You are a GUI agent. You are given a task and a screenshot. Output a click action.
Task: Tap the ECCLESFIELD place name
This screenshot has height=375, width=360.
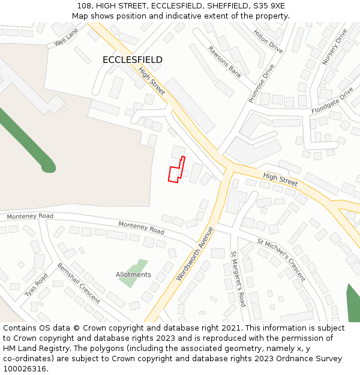132,60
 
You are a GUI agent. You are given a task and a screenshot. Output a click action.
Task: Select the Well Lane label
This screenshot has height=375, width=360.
66,37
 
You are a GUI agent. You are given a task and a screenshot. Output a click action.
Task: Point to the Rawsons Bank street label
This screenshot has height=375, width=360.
225,62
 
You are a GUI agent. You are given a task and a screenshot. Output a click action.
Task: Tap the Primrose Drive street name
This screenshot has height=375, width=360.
262,83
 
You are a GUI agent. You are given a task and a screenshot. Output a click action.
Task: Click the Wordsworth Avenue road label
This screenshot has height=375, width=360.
195,254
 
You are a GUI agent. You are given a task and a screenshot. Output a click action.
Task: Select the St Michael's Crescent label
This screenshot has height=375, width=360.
281,260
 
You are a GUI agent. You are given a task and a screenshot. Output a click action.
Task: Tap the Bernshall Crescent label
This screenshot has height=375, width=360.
79,283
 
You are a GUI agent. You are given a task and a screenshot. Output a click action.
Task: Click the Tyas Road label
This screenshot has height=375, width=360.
37,285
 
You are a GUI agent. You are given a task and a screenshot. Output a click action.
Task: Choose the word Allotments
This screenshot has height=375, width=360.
133,275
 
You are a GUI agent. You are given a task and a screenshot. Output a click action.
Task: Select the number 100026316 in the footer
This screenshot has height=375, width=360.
25,369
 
